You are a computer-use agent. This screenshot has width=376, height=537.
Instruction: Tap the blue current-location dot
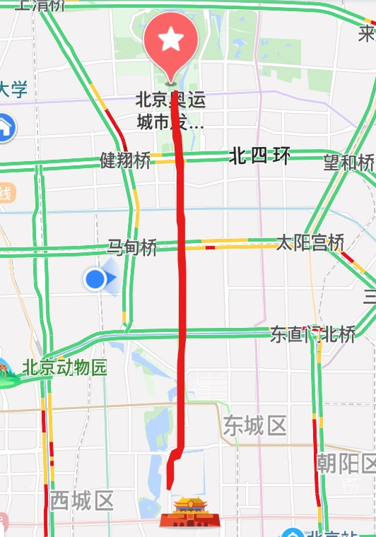(x=95, y=280)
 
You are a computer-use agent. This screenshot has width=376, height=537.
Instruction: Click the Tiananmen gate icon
(x=187, y=513)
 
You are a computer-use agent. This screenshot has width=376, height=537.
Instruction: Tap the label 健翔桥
(x=125, y=160)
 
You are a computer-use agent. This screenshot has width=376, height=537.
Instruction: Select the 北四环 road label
(x=259, y=156)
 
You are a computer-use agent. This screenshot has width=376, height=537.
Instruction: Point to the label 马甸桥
(x=131, y=248)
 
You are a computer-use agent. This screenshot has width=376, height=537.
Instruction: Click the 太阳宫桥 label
(x=309, y=244)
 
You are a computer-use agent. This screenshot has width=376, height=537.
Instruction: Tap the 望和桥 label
(x=348, y=163)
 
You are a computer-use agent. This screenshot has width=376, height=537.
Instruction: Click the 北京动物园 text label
(x=64, y=368)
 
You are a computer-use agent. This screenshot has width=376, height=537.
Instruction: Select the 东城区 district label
(x=255, y=426)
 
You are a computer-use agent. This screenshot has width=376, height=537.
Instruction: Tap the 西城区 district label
(x=81, y=502)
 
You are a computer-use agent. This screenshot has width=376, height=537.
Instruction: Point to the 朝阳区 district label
(x=346, y=464)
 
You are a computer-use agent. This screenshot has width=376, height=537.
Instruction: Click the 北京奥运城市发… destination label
(x=170, y=111)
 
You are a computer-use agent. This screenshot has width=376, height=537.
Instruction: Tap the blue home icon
(x=6, y=128)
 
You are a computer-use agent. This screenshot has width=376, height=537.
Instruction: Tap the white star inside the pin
(x=170, y=40)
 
